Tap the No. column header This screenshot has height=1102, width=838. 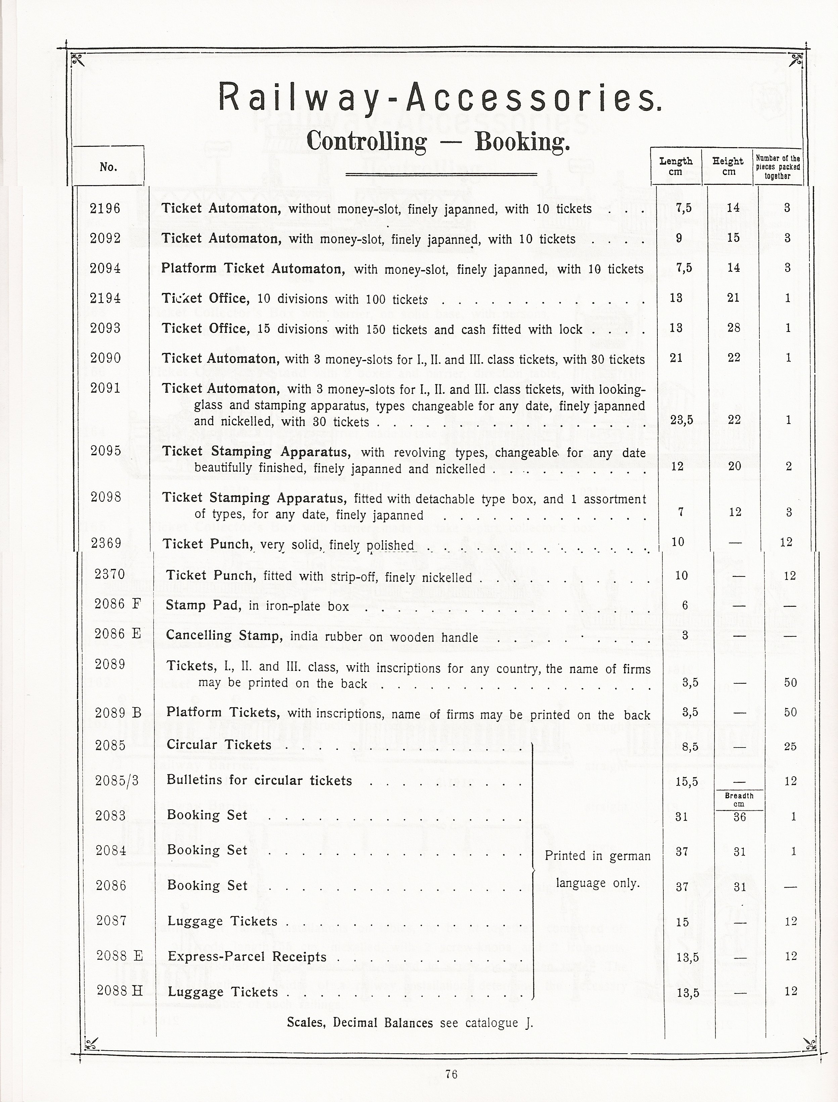click(x=108, y=167)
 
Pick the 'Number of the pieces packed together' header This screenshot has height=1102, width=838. click(x=778, y=167)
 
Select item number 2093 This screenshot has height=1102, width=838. click(x=105, y=328)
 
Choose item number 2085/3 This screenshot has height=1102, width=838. click(x=117, y=780)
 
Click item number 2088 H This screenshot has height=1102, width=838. click(x=120, y=991)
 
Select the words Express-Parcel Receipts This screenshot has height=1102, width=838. click(x=247, y=956)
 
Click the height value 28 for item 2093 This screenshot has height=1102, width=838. click(x=734, y=328)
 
